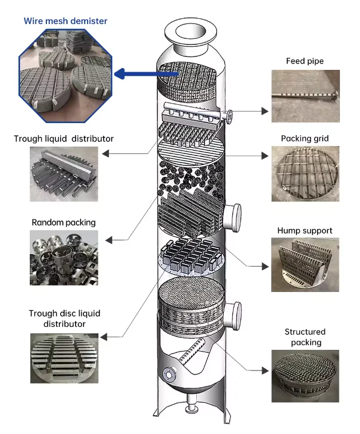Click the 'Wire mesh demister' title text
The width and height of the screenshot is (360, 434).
coord(65,21)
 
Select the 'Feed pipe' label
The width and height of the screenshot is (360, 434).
coord(304,61)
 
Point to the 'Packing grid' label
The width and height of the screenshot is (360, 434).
coord(304,139)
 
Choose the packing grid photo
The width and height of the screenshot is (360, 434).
coord(304,173)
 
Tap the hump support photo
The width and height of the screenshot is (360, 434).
coord(304,264)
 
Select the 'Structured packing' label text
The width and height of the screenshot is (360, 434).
coord(304,337)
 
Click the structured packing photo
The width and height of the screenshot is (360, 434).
coord(304,375)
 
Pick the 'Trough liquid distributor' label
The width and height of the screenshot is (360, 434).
coord(64,139)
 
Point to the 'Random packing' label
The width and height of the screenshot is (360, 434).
coord(64,222)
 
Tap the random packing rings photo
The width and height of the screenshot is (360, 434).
coord(64,258)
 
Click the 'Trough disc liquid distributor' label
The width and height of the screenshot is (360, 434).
coord(64,318)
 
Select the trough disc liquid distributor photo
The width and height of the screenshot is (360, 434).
coord(64,359)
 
